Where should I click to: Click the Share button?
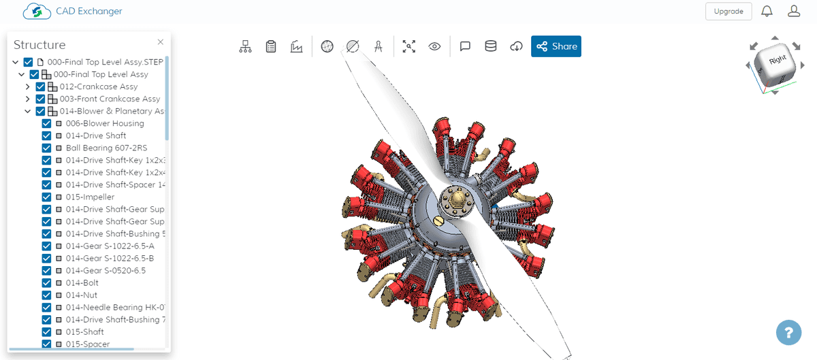[x=556, y=46]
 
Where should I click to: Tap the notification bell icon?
[x=767, y=12]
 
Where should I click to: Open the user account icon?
[x=793, y=12]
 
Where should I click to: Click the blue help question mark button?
[x=788, y=333]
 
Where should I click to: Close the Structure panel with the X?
[x=161, y=42]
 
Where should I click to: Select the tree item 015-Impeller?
[x=90, y=197]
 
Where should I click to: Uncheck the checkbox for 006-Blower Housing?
[x=47, y=124]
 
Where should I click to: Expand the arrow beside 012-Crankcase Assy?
[x=28, y=87]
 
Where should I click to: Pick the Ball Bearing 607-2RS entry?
[x=106, y=148]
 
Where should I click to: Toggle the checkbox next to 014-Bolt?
[x=47, y=283]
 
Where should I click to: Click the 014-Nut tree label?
[x=81, y=295]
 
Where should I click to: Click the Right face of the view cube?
[x=777, y=61]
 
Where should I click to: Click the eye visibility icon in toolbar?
[x=434, y=46]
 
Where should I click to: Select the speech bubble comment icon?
[x=466, y=46]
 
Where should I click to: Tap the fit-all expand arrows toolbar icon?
[x=408, y=46]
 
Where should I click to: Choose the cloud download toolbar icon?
[x=517, y=46]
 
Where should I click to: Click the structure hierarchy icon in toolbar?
[x=246, y=46]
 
